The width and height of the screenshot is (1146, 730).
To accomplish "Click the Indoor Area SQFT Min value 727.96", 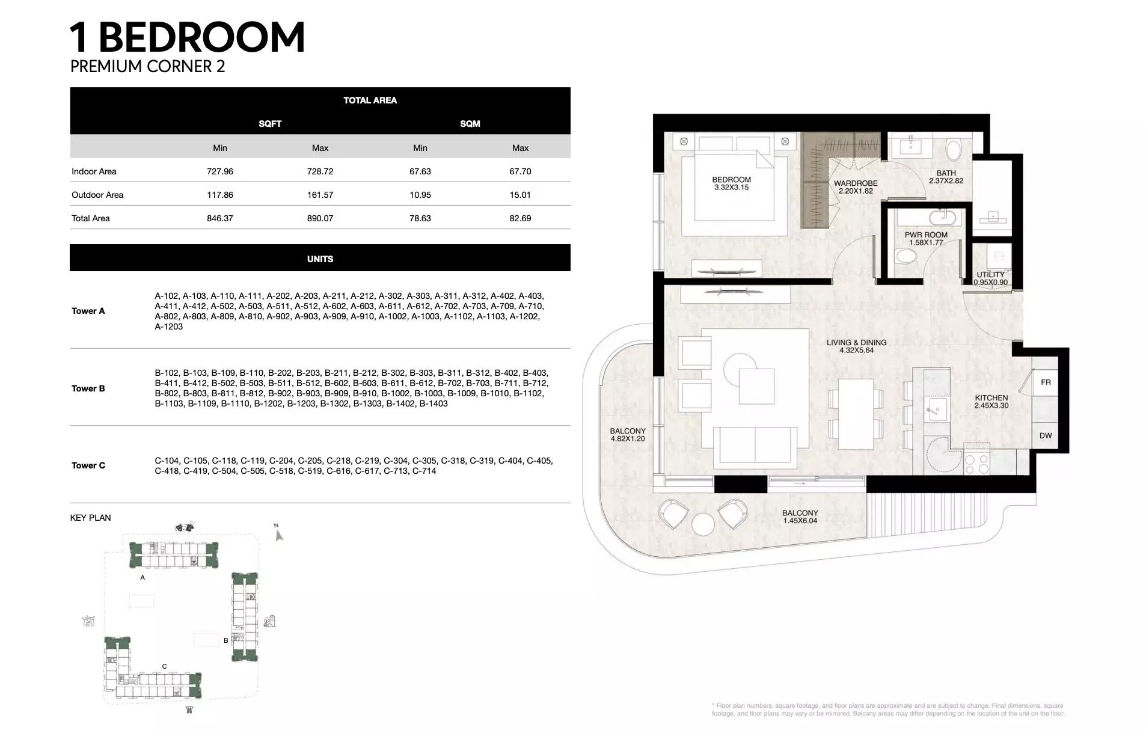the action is pyautogui.click(x=219, y=171).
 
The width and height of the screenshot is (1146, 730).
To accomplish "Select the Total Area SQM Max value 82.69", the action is pyautogui.click(x=520, y=218).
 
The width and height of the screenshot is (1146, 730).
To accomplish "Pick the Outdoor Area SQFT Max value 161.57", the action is pyautogui.click(x=320, y=195).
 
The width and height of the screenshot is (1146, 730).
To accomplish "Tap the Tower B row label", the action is pyautogui.click(x=88, y=388).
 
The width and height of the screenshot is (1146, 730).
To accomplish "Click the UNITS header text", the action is pyautogui.click(x=320, y=259).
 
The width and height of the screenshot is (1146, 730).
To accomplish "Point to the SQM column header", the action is pyautogui.click(x=470, y=124).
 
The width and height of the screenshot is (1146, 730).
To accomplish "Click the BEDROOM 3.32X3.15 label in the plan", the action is pyautogui.click(x=731, y=183).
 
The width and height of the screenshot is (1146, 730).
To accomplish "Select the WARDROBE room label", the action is pyautogui.click(x=856, y=183).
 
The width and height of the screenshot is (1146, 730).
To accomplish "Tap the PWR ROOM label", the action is pyautogui.click(x=926, y=235).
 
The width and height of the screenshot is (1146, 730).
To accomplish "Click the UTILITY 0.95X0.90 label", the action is pyautogui.click(x=991, y=278).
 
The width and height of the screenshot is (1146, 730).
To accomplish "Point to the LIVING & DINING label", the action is pyautogui.click(x=856, y=343).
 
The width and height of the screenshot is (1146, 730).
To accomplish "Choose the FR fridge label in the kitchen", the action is pyautogui.click(x=1046, y=382).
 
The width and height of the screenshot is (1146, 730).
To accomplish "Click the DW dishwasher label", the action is pyautogui.click(x=1046, y=436).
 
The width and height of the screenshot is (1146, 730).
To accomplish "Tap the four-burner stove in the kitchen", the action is pyautogui.click(x=976, y=462).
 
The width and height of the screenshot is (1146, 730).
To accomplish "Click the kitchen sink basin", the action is pyautogui.click(x=936, y=410).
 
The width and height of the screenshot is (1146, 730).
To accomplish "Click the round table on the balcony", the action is pyautogui.click(x=703, y=524).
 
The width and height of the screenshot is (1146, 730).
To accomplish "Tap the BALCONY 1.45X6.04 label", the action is pyautogui.click(x=800, y=517).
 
